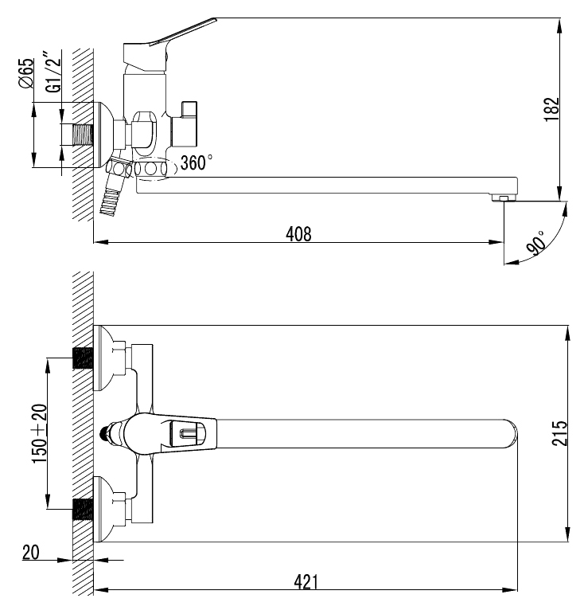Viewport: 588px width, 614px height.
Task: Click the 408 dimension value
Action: pos(298,234)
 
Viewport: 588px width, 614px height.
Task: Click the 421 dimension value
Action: pos(306,582)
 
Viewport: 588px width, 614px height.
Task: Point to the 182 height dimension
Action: pos(552,109)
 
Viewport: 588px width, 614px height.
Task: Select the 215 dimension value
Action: pos(559,432)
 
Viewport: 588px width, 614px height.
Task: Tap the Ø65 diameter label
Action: pos(26,73)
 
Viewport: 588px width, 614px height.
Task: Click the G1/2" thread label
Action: pos(53,71)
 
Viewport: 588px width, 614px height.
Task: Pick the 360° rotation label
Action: pos(197,162)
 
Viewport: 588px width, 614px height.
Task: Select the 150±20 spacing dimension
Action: pos(39,433)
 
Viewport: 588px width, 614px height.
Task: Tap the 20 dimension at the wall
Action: pos(31,553)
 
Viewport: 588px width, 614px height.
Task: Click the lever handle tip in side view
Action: pos(215,19)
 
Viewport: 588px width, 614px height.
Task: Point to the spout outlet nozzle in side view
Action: pos(504,198)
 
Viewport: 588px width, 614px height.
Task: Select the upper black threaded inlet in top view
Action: pos(83,358)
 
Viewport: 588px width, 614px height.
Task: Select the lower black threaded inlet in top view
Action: pos(83,510)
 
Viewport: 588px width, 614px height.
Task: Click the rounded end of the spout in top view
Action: pos(512,433)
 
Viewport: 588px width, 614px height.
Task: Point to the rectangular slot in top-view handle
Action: pos(188,433)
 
